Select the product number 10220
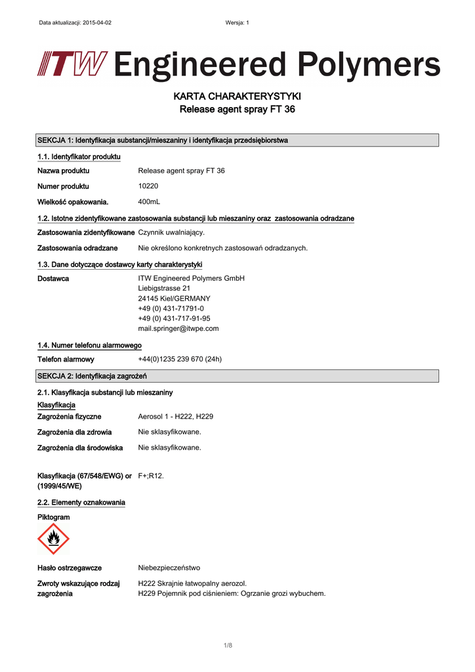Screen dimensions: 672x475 149,186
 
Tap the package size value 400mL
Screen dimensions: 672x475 149,201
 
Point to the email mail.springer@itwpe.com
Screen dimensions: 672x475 178,328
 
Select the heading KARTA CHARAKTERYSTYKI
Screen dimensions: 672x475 237,97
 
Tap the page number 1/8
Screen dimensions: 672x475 228,646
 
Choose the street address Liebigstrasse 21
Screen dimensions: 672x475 164,288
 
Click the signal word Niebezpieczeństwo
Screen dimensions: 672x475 169,568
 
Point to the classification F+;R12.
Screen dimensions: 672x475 151,475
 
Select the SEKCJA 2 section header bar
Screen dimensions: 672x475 237,375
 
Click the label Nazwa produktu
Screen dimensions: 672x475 64,171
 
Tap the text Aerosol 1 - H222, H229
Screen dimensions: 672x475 175,416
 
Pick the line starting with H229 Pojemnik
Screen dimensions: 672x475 232,593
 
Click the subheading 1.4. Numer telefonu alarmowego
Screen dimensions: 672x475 90,345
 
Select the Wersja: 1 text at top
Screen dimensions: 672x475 237,23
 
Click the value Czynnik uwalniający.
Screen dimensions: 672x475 171,232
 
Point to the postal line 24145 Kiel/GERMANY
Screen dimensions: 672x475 174,298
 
